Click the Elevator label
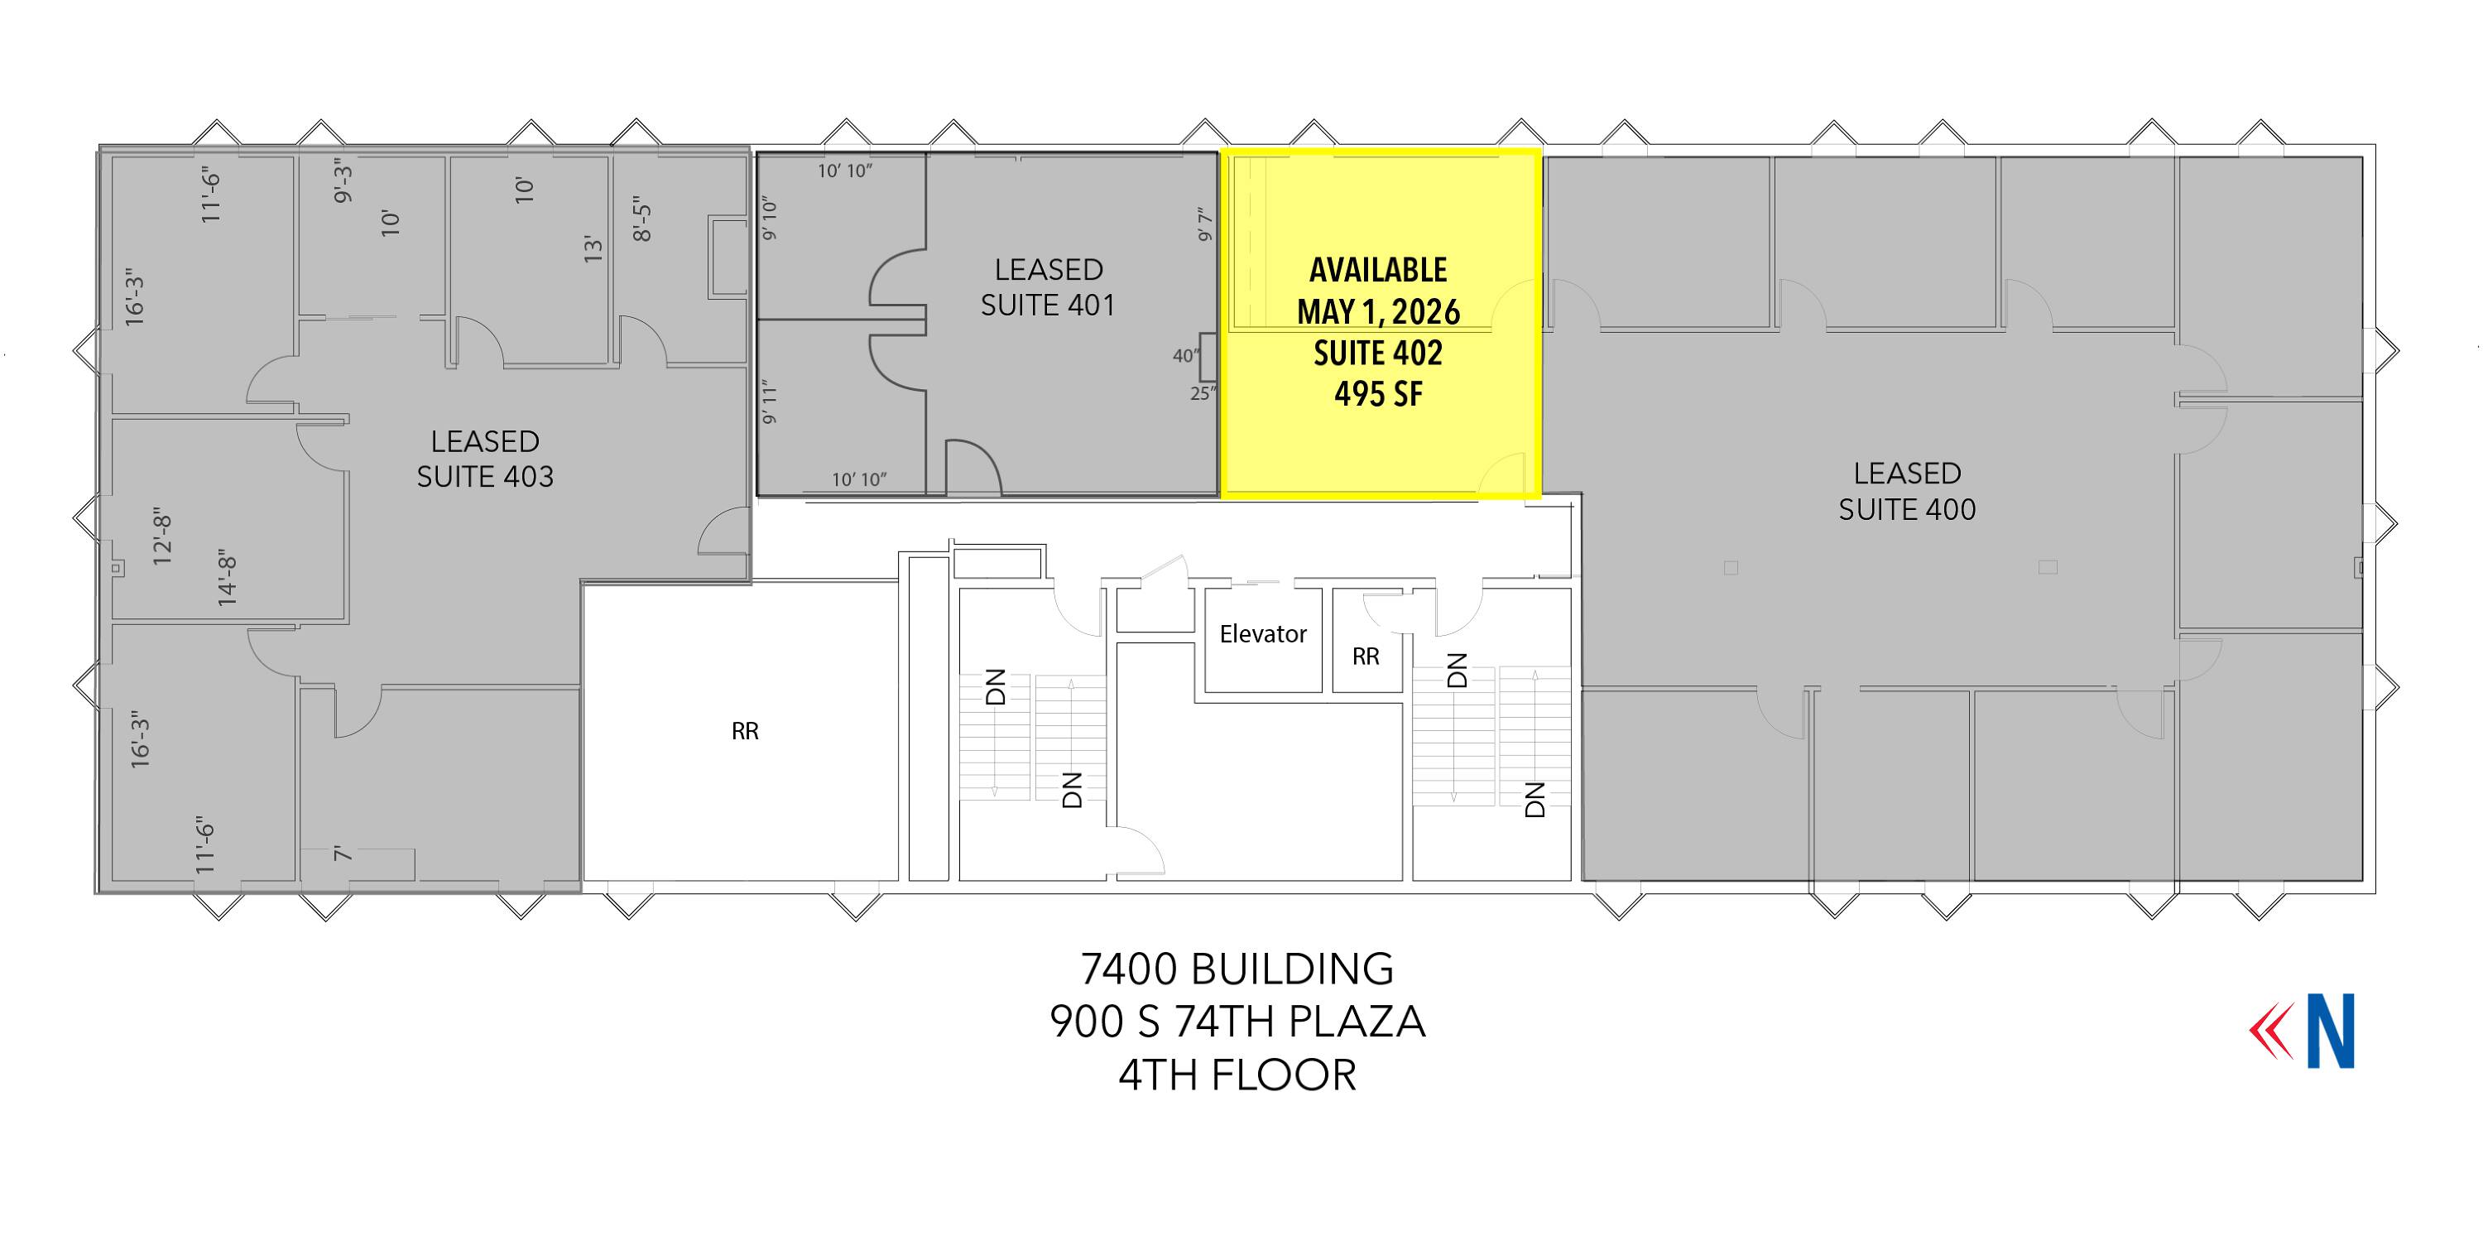pyautogui.click(x=1263, y=633)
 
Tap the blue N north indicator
pyautogui.click(x=2330, y=1031)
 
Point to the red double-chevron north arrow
pyautogui.click(x=2272, y=1031)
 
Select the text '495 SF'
pyautogui.click(x=1378, y=393)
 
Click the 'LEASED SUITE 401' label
pyautogui.click(x=1049, y=287)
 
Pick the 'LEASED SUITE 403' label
pyautogui.click(x=485, y=459)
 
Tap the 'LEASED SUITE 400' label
pyautogui.click(x=1907, y=491)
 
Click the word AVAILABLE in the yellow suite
pyautogui.click(x=1378, y=270)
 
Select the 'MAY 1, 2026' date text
pyautogui.click(x=1378, y=311)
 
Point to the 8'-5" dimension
pyautogui.click(x=642, y=220)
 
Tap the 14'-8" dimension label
pyautogui.click(x=227, y=579)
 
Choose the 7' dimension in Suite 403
pyautogui.click(x=342, y=854)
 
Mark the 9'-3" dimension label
pyautogui.click(x=343, y=181)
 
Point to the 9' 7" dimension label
pyautogui.click(x=1204, y=224)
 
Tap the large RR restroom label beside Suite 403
pyautogui.click(x=745, y=732)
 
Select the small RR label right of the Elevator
pyautogui.click(x=1366, y=657)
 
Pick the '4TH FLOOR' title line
pyautogui.click(x=1237, y=1075)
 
